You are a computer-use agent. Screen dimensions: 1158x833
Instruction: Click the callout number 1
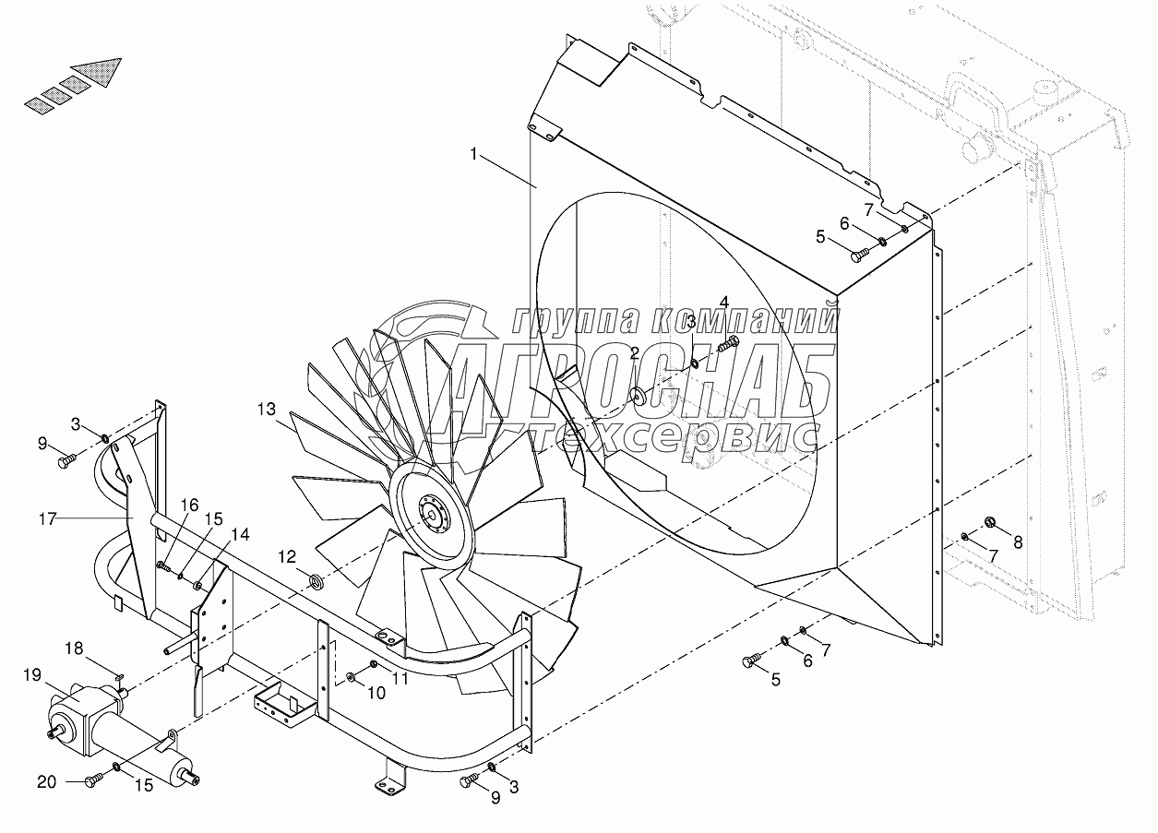coord(474,155)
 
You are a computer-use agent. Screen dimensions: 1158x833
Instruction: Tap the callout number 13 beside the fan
coord(267,408)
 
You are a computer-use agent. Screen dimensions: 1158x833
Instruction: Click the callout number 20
coord(45,782)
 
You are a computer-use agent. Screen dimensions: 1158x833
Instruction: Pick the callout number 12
coord(288,556)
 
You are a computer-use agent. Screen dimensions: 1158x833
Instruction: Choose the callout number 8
coord(1018,543)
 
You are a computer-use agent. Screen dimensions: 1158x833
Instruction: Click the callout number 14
coord(240,533)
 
